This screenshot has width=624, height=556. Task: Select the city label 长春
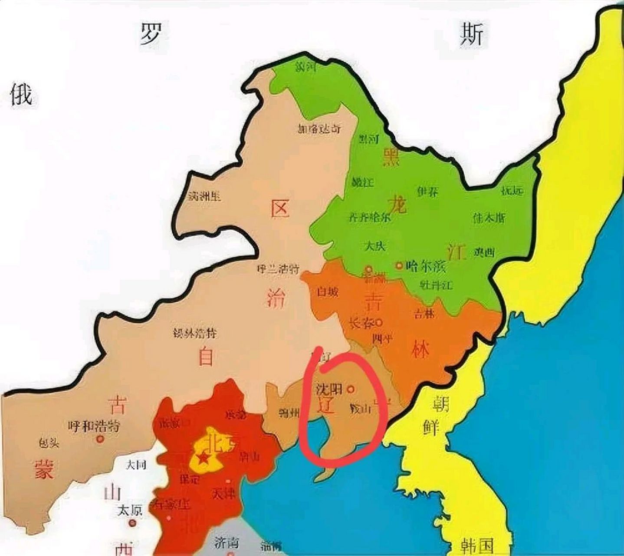point(361,323)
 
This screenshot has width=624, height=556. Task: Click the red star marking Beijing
point(203,458)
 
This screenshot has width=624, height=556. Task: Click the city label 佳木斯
point(489,218)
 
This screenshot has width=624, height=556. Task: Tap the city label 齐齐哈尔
point(370,217)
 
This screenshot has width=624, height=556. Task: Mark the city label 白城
point(328,292)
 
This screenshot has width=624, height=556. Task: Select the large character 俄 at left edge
point(21,95)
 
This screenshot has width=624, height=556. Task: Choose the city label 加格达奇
point(319,129)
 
